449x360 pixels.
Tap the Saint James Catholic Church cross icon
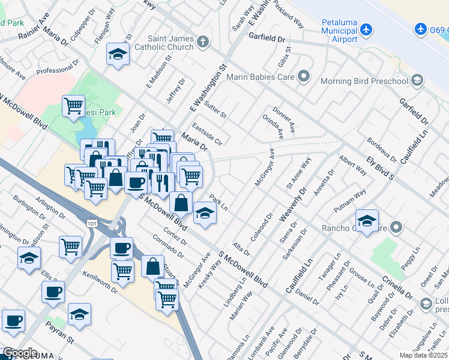(x=203, y=41)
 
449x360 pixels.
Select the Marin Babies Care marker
(x=304, y=76)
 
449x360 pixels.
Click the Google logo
(x=20, y=353)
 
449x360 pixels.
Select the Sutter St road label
(x=215, y=110)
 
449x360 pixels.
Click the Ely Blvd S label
(x=381, y=168)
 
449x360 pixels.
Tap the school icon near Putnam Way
(x=367, y=219)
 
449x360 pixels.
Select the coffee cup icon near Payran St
(x=53, y=292)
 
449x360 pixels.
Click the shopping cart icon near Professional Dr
(x=73, y=106)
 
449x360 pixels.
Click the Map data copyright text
(x=423, y=355)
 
